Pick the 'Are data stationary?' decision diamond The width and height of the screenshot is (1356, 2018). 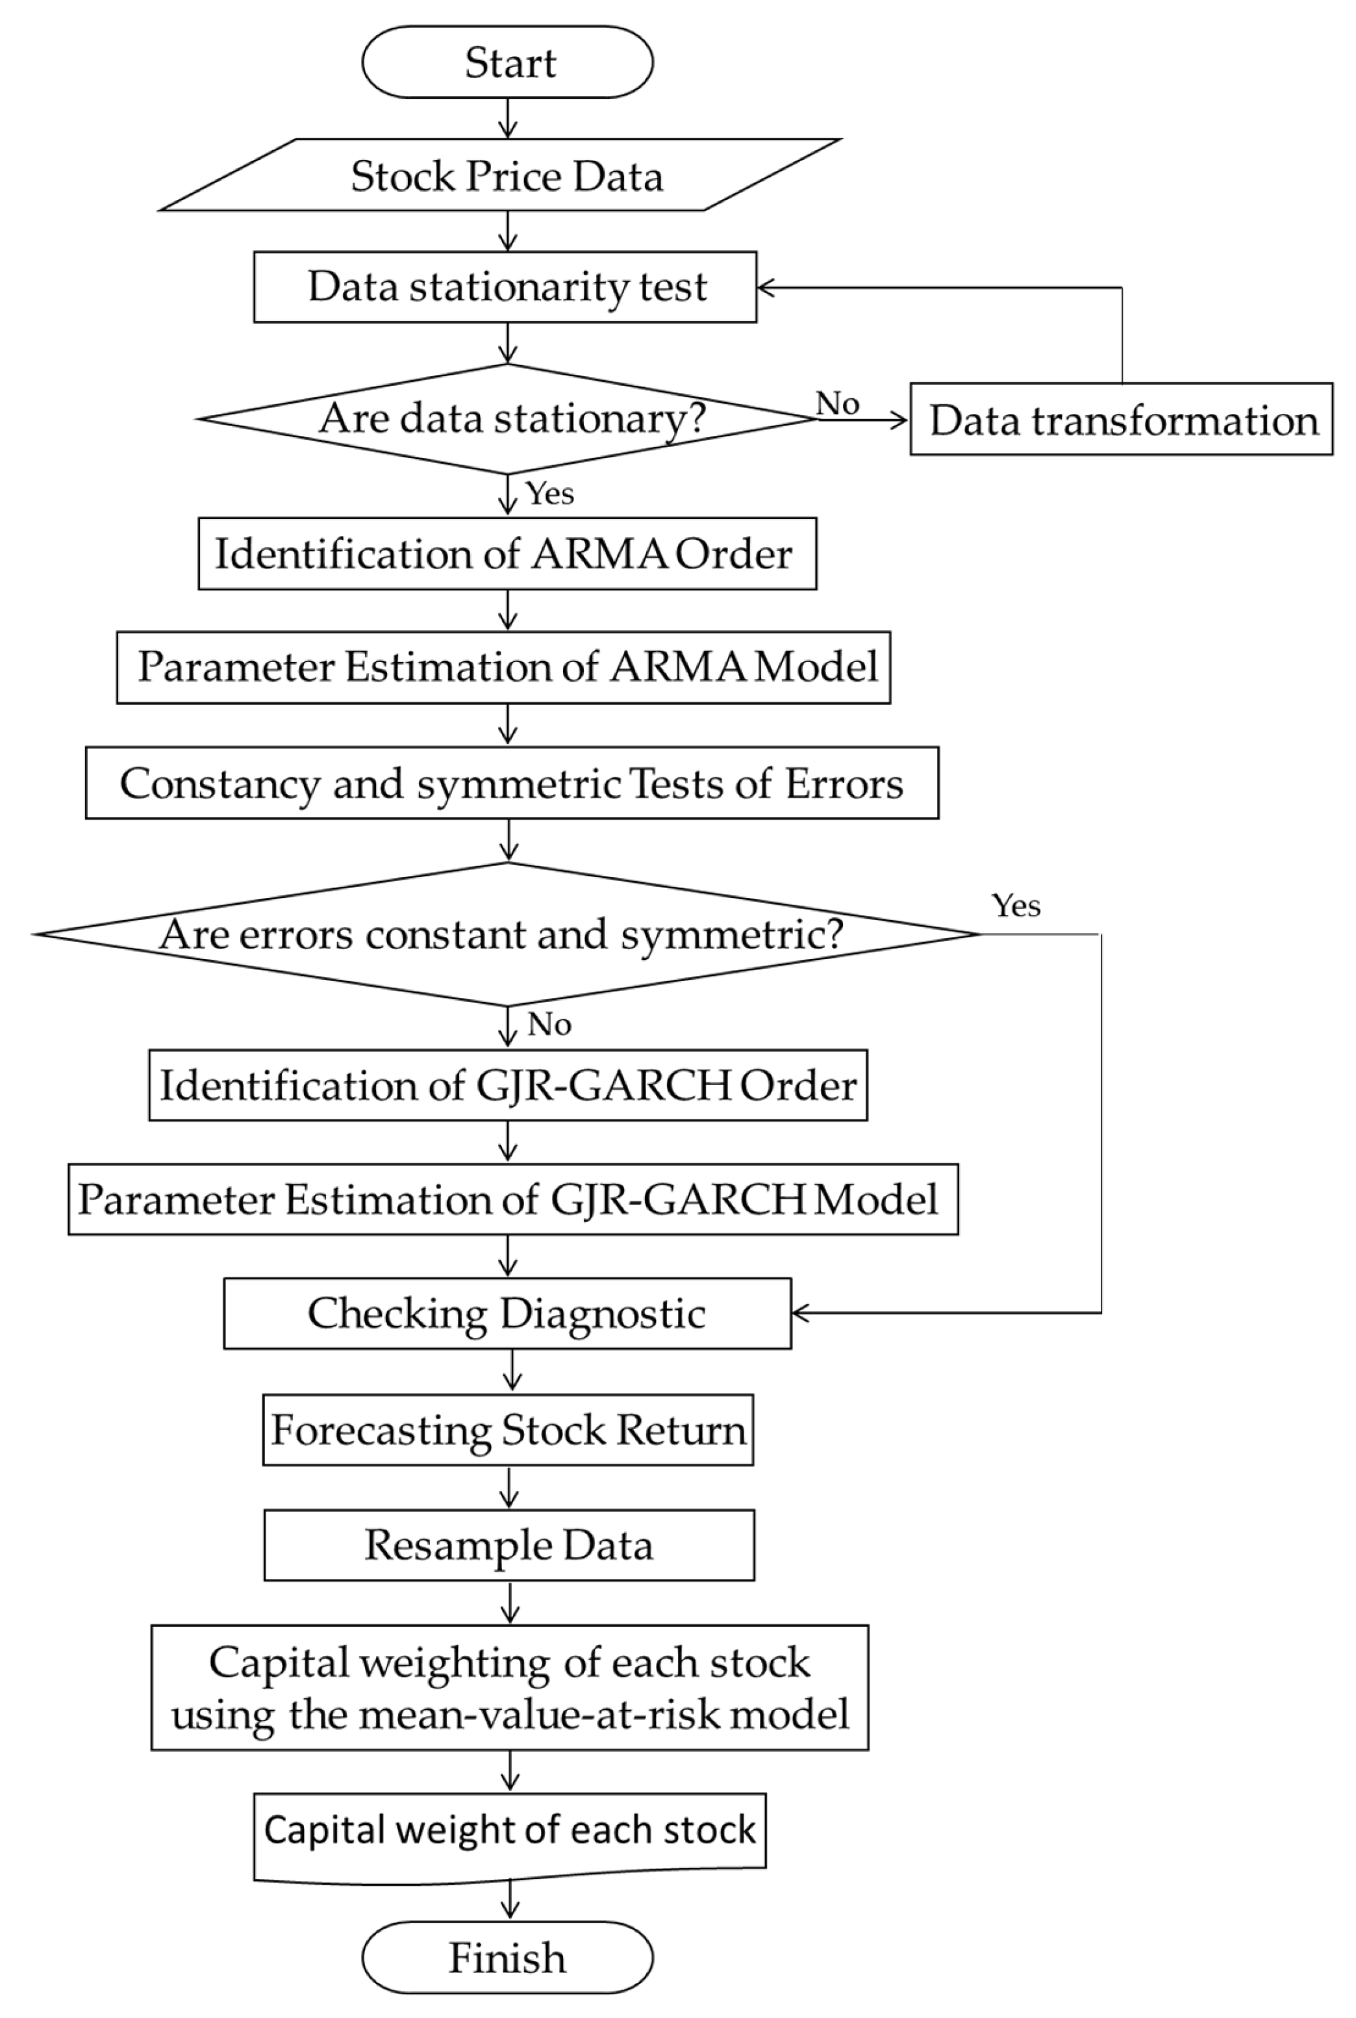pos(509,418)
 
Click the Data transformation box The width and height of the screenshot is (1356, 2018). pos(1121,420)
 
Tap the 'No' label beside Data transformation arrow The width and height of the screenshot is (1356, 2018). pos(837,403)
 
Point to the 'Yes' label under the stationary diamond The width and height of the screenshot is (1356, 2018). pos(549,494)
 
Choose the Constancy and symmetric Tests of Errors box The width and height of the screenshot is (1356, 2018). pos(511,783)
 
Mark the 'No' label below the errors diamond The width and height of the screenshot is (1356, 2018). pos(549,1024)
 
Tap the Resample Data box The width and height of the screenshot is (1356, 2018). pos(509,1545)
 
